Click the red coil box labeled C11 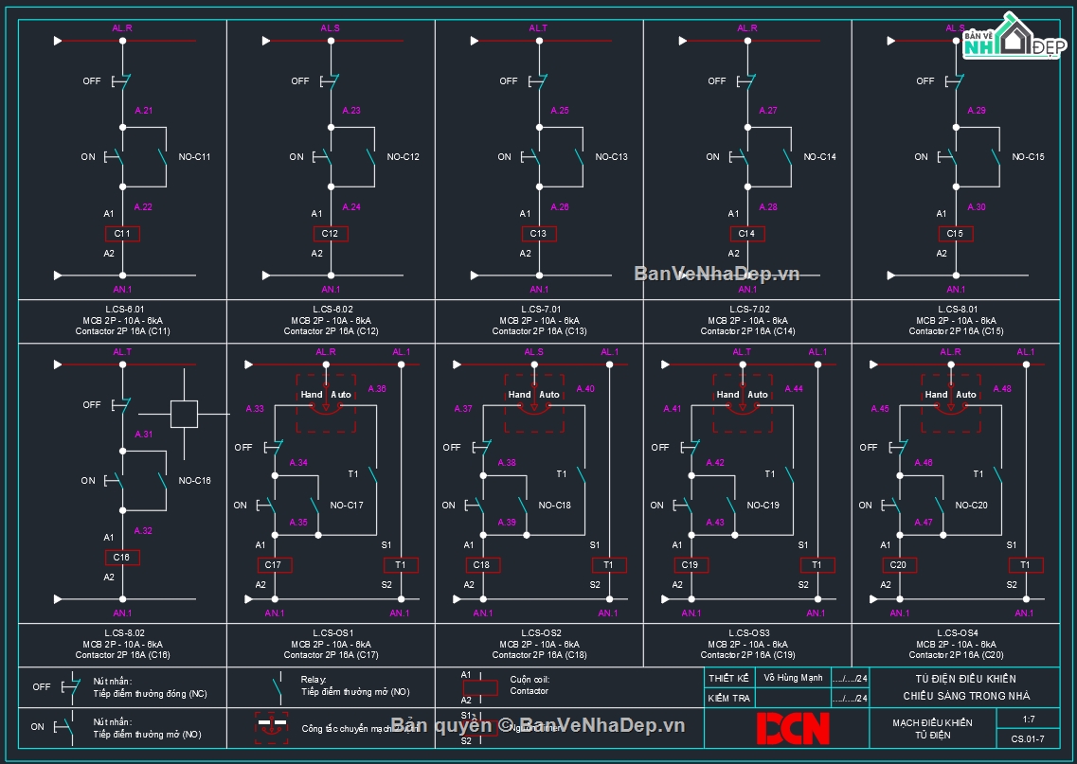click(x=122, y=234)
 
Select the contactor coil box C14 click(x=746, y=234)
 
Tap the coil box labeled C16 click(x=122, y=558)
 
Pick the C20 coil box click(x=899, y=565)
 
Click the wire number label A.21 click(x=144, y=111)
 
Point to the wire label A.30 click(x=977, y=207)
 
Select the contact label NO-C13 click(x=611, y=157)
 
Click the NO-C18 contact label click(x=555, y=506)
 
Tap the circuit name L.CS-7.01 click(x=539, y=310)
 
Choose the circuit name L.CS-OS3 click(x=747, y=633)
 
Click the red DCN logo click(x=792, y=727)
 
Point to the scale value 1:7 click(x=1029, y=720)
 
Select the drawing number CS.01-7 click(x=1028, y=739)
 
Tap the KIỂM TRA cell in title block click(x=728, y=699)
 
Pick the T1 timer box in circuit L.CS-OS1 click(x=400, y=565)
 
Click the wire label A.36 click(x=376, y=389)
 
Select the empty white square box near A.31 click(x=184, y=414)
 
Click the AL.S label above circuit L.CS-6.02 click(x=330, y=28)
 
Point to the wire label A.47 click(x=923, y=523)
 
